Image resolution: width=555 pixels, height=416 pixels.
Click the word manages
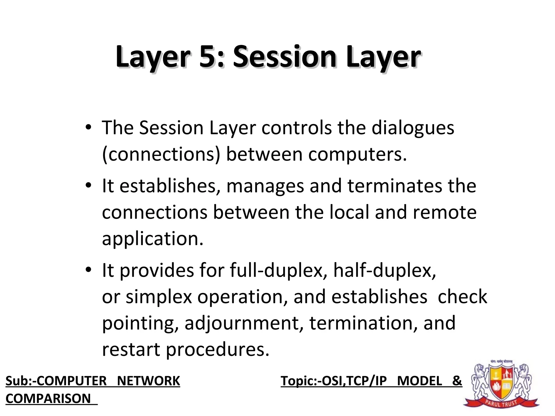[x=265, y=186]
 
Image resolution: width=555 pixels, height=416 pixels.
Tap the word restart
[x=131, y=349]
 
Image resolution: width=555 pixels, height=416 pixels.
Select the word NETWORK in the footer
[x=148, y=381]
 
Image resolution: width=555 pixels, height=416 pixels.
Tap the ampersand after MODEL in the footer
[x=457, y=381]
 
